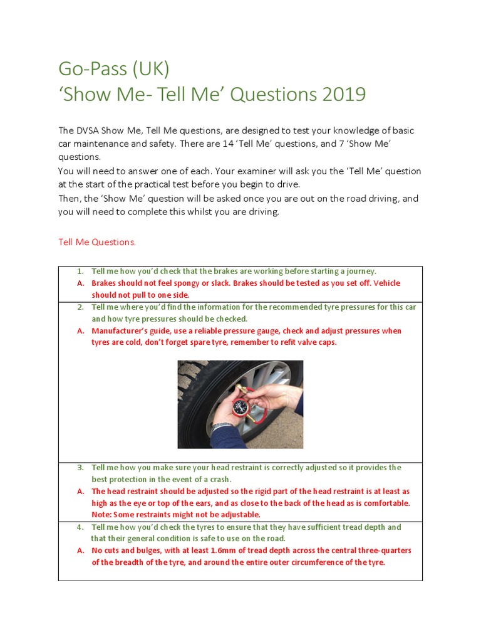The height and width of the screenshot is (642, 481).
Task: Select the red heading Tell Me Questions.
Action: point(97,241)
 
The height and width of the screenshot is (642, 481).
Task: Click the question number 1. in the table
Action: point(81,271)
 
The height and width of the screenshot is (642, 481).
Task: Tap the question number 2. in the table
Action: point(81,307)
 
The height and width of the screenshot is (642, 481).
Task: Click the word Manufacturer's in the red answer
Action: point(121,331)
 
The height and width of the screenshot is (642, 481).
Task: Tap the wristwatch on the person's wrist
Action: point(220,426)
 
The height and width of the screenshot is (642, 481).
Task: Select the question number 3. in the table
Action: point(81,468)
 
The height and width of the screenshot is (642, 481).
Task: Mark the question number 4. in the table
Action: point(81,527)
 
